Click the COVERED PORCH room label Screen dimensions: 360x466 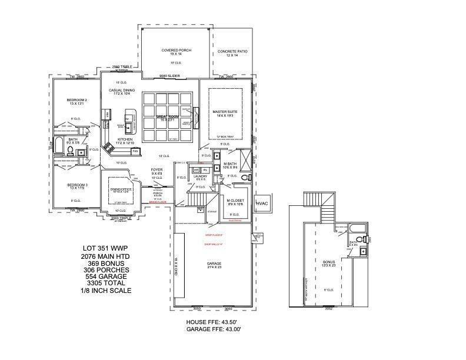[x=175, y=51]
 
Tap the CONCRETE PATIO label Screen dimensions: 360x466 [x=232, y=52]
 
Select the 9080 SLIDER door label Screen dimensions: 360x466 [x=170, y=76]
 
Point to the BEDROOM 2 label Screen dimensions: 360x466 [x=76, y=100]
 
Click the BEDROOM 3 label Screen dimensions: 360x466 [x=76, y=185]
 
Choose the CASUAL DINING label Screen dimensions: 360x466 [x=122, y=91]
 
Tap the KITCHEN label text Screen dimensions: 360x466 [x=126, y=139]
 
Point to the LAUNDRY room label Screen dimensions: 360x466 [x=200, y=176]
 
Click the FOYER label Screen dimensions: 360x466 [x=157, y=170]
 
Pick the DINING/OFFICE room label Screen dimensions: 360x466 [x=119, y=189]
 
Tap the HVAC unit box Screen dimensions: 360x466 [x=262, y=203]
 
